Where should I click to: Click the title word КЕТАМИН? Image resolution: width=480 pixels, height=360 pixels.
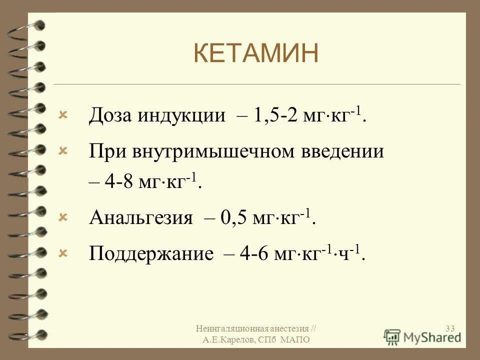(255, 53)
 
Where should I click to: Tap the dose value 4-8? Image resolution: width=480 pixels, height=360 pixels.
(118, 182)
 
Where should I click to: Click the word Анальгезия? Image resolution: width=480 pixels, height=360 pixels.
(141, 218)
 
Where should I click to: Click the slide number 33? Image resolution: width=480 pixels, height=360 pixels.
(449, 328)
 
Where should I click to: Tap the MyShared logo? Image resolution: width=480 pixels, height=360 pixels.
(423, 336)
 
